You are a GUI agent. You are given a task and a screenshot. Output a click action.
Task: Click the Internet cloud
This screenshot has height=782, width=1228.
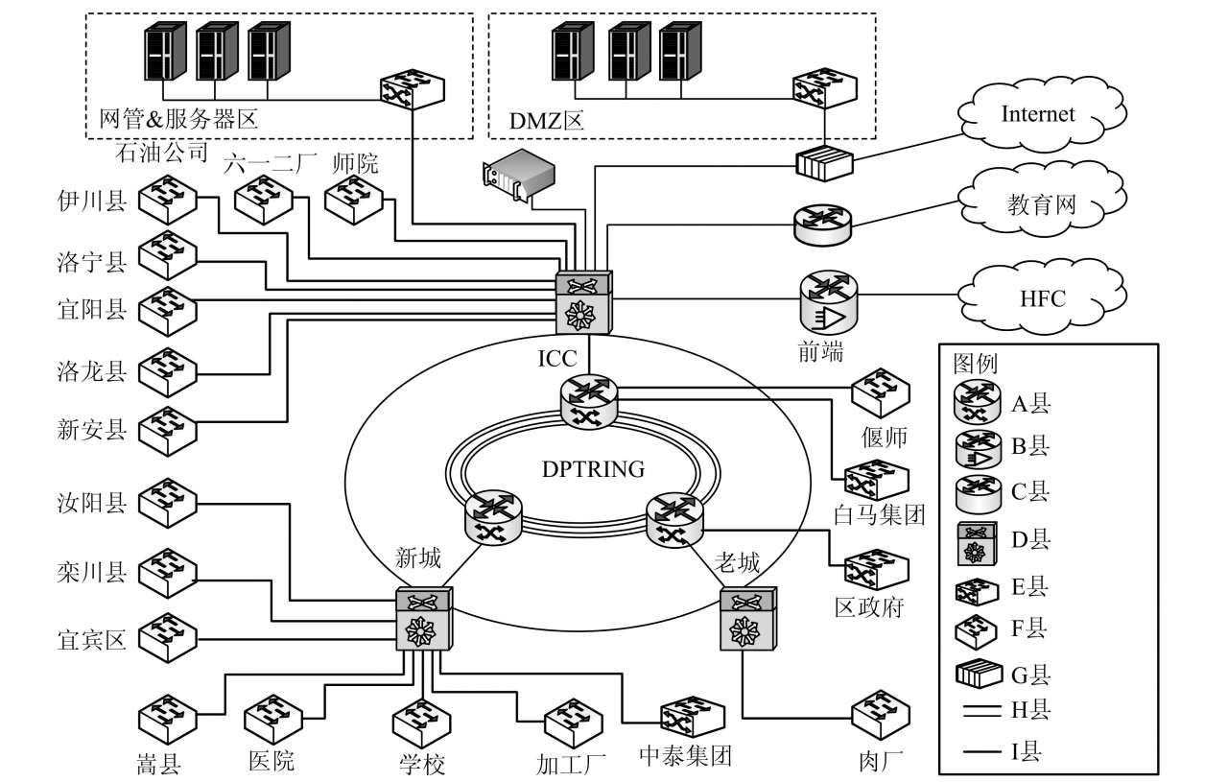tap(1037, 115)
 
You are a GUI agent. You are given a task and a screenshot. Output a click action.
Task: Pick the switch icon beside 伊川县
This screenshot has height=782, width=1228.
tap(167, 201)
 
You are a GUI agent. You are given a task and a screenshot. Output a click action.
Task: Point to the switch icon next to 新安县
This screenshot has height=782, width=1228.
tap(167, 428)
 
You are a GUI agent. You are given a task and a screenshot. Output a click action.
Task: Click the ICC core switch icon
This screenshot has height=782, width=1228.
tap(584, 302)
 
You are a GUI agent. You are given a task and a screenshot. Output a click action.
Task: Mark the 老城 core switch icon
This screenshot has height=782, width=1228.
tap(747, 620)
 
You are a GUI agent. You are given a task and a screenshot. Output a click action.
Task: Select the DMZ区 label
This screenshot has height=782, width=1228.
tap(548, 122)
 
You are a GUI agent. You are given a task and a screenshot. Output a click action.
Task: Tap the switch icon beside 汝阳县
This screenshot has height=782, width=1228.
tap(167, 503)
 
